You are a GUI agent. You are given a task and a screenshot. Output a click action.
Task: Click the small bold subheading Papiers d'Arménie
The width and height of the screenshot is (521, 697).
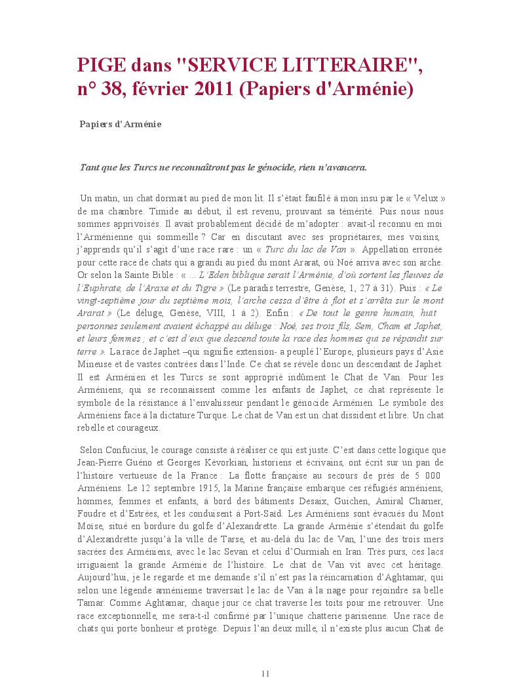(x=121, y=124)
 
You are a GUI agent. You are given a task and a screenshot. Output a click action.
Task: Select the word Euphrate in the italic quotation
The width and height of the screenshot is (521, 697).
(x=101, y=287)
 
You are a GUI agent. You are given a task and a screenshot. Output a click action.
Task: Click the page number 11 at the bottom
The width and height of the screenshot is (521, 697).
(x=265, y=673)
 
